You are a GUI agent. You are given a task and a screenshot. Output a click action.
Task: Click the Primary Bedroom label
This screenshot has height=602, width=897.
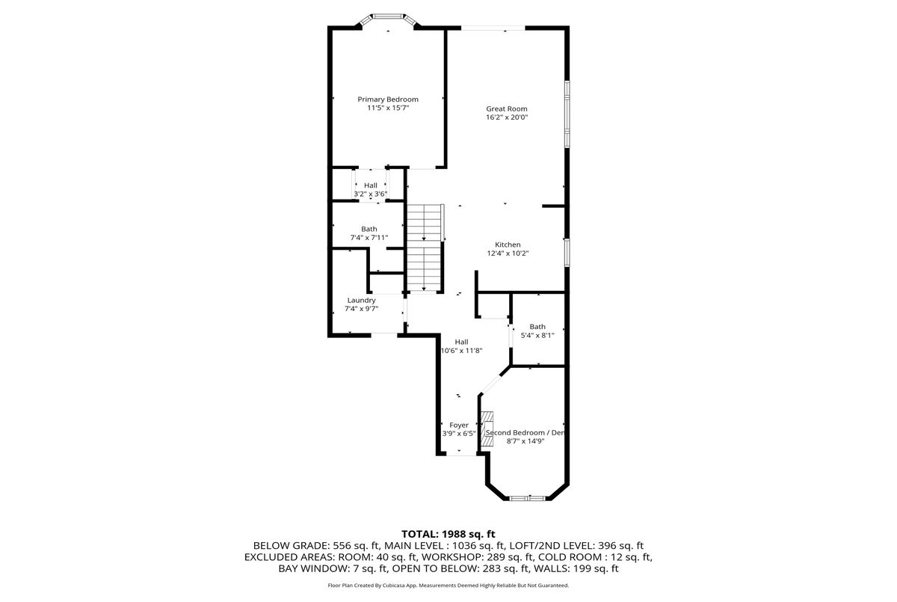[388, 99]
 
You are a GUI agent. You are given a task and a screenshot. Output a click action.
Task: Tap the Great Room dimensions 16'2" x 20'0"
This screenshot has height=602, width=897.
[507, 117]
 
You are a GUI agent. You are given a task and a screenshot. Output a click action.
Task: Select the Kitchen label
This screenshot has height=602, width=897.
[508, 245]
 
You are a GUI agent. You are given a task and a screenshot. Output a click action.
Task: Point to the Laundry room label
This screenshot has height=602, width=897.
[361, 301]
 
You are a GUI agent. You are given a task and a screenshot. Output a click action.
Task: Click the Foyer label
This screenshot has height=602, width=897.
[459, 426]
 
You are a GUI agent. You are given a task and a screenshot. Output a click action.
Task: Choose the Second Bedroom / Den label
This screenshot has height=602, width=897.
[525, 432]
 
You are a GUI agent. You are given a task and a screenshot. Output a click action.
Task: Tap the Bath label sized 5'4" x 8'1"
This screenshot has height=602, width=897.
[537, 327]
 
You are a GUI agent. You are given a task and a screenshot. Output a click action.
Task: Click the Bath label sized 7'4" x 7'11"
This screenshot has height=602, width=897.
[369, 229]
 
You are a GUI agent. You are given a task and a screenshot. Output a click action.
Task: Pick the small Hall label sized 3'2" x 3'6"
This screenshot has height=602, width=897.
[371, 185]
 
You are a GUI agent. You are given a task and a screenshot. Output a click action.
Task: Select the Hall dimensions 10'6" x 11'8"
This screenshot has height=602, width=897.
[461, 351]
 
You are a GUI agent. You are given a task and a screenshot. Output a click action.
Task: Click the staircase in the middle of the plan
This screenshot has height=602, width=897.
[424, 248]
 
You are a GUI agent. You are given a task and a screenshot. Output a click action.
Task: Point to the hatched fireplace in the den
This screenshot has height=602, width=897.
[487, 429]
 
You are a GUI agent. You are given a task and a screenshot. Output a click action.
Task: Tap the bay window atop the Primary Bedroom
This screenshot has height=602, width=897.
[388, 20]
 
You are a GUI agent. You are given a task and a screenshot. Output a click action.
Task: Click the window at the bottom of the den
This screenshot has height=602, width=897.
[527, 498]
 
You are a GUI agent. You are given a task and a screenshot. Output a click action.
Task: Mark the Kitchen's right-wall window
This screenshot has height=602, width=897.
[567, 253]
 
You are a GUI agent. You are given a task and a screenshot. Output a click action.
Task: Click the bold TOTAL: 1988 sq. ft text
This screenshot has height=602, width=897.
[448, 534]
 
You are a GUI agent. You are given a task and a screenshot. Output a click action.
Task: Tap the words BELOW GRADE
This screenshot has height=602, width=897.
[290, 545]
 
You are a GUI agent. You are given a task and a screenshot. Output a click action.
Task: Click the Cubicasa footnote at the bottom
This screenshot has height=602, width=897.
[448, 586]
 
